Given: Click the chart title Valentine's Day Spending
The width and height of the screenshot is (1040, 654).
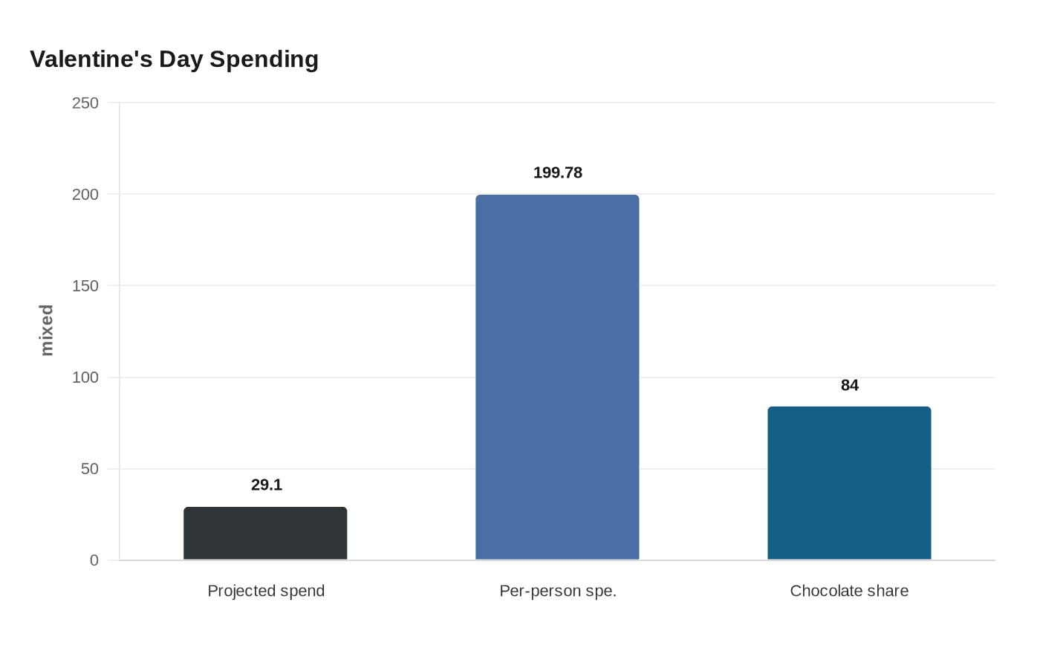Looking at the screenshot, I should point(174,59).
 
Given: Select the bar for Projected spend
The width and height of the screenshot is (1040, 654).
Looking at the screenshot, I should point(265,534).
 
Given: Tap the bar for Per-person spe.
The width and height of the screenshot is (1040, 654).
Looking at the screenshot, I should point(557,378).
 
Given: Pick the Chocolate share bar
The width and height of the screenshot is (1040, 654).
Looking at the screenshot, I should point(849,483).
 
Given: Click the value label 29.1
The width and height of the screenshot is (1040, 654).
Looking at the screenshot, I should point(267,485).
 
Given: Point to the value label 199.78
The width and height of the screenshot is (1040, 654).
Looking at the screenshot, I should point(557,173).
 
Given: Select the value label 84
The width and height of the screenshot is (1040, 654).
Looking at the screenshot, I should point(849,385).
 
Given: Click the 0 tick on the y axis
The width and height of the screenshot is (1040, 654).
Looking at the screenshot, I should point(94,560).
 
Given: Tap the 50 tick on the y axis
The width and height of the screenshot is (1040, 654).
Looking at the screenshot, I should point(90,469).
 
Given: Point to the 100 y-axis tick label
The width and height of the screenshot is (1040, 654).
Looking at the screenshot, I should point(85,378).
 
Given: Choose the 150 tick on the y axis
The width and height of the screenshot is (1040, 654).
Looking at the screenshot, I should point(85,286).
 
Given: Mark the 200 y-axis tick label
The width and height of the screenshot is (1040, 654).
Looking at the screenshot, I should point(85,195).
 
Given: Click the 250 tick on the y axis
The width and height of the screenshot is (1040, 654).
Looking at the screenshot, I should point(85,103).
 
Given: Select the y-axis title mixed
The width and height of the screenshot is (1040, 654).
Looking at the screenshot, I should point(47,330).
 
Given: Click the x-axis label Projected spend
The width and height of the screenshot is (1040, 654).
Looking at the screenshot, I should point(266,591).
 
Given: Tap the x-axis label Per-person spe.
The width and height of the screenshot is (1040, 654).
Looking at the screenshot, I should point(558,591).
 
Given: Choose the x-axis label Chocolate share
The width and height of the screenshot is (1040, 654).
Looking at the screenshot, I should point(849,591).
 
